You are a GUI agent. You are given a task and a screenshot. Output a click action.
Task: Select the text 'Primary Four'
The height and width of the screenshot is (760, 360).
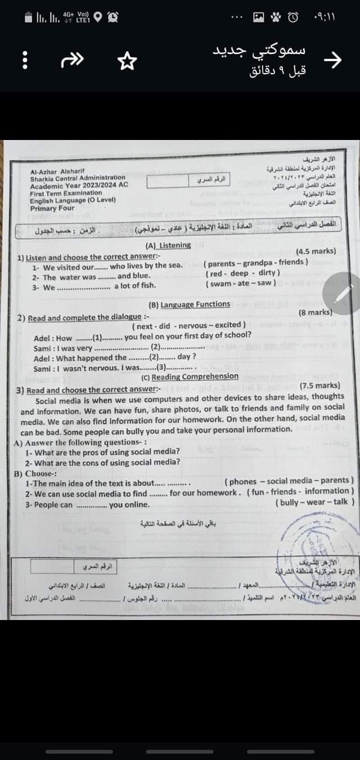tap(52, 208)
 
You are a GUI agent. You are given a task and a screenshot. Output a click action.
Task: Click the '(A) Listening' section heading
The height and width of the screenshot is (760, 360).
tap(168, 245)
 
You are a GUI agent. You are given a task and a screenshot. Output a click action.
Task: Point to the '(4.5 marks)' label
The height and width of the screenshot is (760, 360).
tap(316, 251)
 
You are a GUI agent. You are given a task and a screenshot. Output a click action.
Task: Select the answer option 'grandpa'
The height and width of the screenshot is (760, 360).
tap(258, 262)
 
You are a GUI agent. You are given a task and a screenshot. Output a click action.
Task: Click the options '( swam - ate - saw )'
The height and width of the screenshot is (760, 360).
tap(241, 283)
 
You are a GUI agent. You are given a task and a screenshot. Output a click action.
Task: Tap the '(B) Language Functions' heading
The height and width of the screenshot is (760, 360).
tap(189, 304)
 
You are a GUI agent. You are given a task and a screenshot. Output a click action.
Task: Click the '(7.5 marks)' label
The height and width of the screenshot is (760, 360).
tap(319, 385)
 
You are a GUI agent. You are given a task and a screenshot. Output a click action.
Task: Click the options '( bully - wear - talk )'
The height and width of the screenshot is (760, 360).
tap(314, 502)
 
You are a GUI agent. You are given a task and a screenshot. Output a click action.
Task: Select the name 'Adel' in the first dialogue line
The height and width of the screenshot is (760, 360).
tap(43, 338)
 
